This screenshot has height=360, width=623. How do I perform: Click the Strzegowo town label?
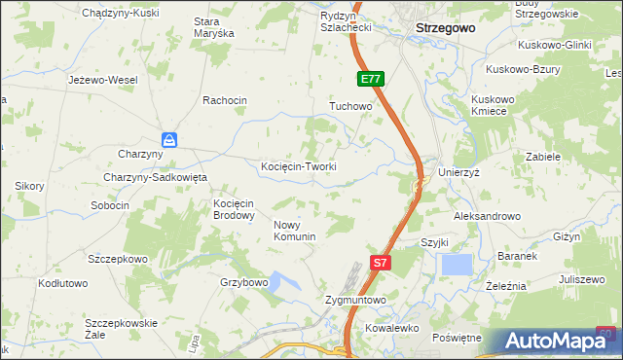click(x=445, y=28)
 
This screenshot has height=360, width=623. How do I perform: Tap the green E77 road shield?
click(x=369, y=79)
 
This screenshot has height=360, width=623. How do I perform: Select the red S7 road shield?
click(x=382, y=262)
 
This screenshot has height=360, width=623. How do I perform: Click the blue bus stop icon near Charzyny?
click(x=169, y=140)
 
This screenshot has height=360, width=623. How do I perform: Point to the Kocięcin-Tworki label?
click(x=299, y=166)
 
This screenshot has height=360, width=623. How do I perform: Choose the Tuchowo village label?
click(x=350, y=105)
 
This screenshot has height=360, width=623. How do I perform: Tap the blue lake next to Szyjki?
click(x=456, y=264)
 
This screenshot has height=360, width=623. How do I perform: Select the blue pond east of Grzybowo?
click(x=283, y=283)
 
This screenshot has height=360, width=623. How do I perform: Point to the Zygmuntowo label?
click(x=355, y=301)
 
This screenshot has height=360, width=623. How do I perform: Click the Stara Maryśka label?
click(x=214, y=26)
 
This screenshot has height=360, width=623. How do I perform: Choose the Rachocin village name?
click(x=225, y=100)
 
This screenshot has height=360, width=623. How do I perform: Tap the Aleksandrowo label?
click(x=487, y=216)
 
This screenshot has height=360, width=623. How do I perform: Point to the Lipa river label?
click(x=196, y=343)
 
